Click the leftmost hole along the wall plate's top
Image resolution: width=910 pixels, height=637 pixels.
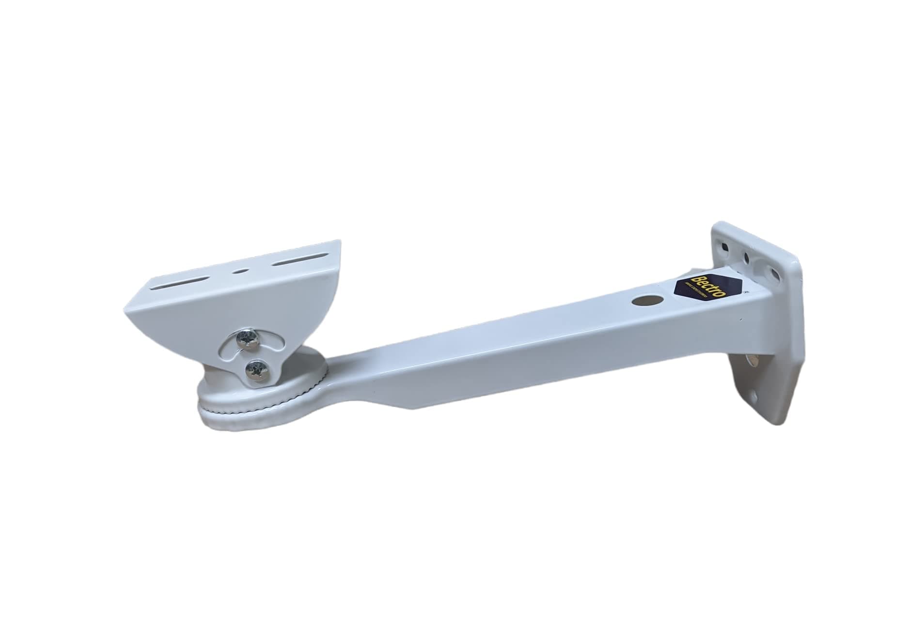[x=725, y=247]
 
